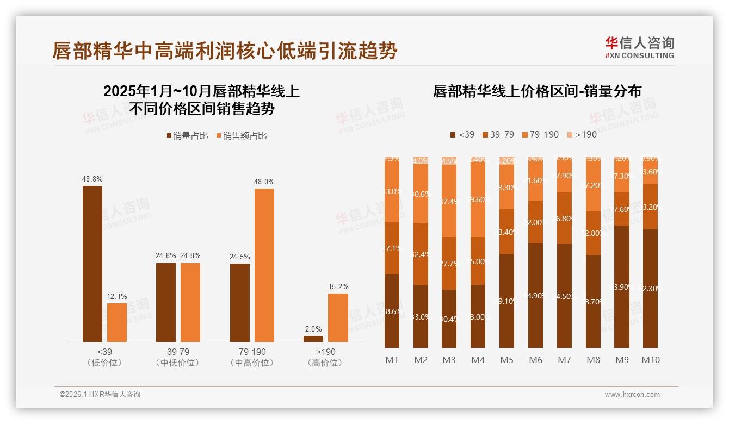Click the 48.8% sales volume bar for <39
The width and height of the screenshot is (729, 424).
(x=92, y=264)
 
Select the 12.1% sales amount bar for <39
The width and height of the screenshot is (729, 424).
(x=117, y=322)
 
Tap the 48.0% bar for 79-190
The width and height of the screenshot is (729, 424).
(x=264, y=265)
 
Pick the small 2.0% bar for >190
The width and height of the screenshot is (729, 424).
(x=313, y=339)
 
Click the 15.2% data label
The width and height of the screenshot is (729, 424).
(x=338, y=286)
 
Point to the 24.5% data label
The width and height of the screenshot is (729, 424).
(x=240, y=257)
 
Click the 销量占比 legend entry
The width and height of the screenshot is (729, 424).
(x=187, y=136)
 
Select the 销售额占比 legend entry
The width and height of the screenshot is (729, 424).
(x=242, y=136)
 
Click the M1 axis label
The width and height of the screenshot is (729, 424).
(x=392, y=360)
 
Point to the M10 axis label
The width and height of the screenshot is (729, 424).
(x=650, y=360)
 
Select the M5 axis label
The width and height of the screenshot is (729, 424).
(x=506, y=360)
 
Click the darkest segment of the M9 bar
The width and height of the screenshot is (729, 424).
(x=622, y=286)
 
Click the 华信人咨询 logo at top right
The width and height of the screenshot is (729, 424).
(x=639, y=47)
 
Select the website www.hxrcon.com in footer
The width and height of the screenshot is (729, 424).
(x=632, y=395)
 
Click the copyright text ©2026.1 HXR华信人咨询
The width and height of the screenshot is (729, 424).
(x=100, y=395)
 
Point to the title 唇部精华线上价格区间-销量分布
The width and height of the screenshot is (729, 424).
(x=537, y=91)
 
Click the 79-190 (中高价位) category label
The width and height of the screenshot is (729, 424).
(x=252, y=357)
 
